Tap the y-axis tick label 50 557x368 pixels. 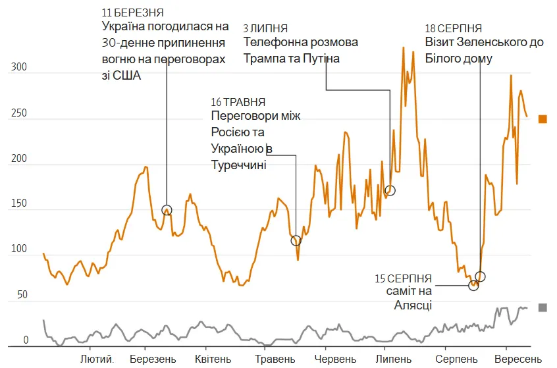23,295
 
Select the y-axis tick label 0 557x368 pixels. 26,340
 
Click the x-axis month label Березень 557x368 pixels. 153,359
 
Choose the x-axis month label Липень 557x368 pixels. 394,359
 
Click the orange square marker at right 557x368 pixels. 543,119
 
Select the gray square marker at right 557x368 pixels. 543,307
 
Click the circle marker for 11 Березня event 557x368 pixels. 167,210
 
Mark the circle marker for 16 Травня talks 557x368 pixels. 296,240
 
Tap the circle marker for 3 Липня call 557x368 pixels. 390,190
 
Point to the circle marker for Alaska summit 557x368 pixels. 473,285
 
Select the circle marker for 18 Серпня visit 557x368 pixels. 480,276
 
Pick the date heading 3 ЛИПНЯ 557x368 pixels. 265,28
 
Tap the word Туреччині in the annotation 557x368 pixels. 238,165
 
